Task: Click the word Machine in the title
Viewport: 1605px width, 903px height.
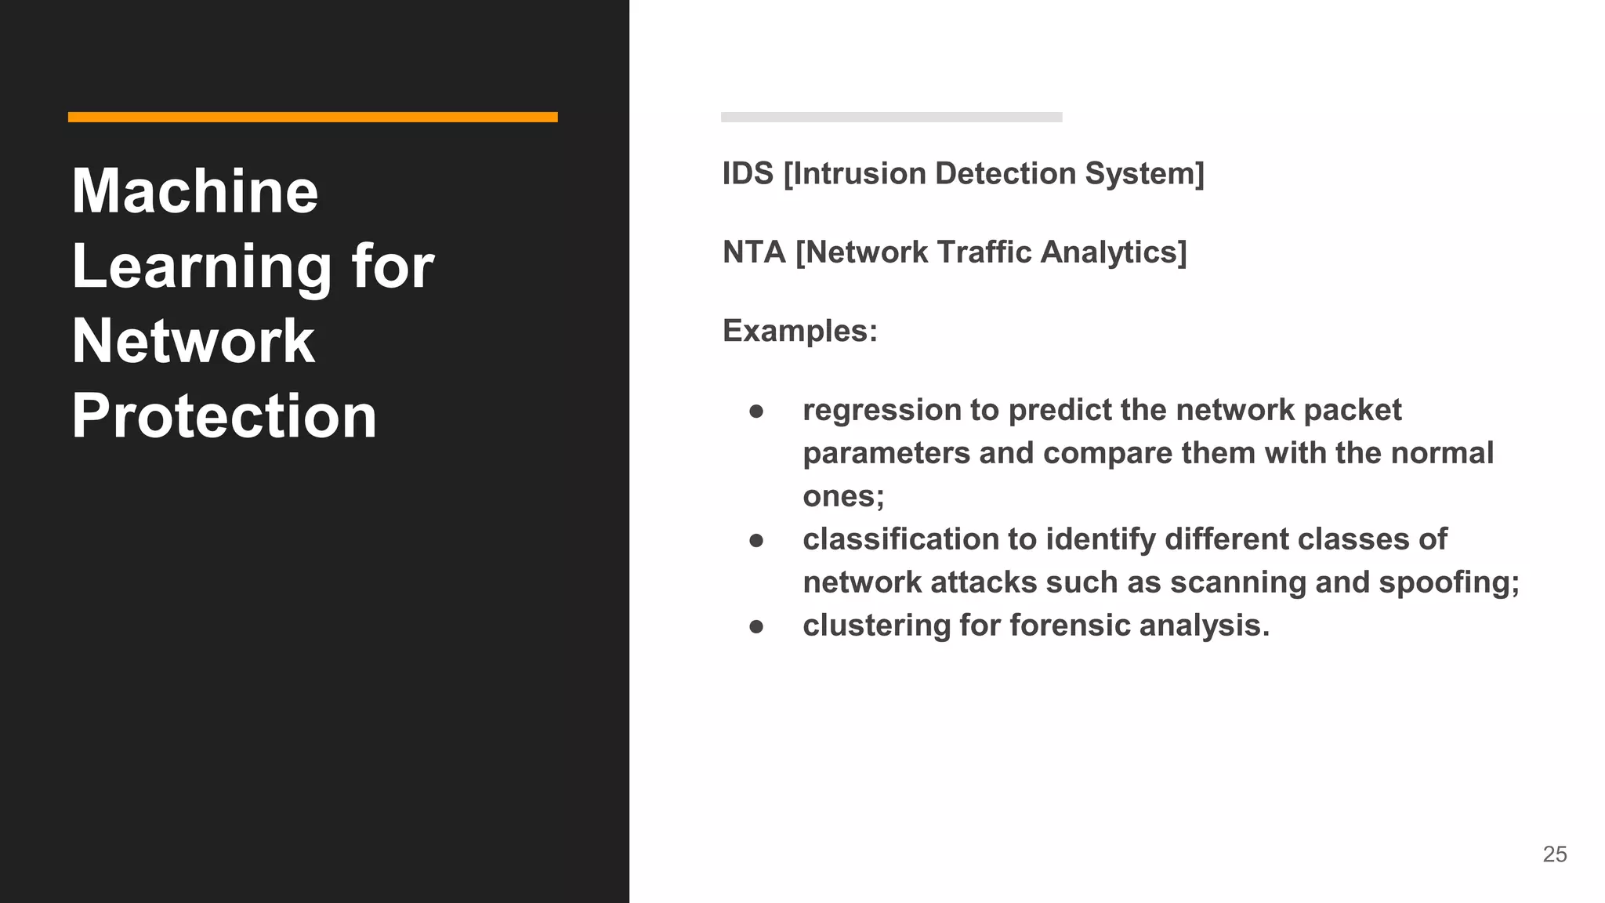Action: (194, 191)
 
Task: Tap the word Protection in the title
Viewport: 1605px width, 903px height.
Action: (224, 415)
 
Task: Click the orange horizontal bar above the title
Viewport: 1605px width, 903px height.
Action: (313, 117)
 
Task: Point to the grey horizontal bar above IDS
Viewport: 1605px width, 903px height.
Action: (891, 117)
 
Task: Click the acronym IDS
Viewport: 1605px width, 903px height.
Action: (748, 173)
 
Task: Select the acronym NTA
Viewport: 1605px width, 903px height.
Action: (754, 252)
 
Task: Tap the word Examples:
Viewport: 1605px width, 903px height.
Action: (799, 331)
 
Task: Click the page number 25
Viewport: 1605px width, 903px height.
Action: (1554, 854)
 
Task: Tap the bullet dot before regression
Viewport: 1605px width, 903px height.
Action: (756, 412)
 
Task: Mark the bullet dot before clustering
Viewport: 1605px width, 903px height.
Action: (756, 626)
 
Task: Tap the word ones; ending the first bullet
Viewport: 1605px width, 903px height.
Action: (843, 497)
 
